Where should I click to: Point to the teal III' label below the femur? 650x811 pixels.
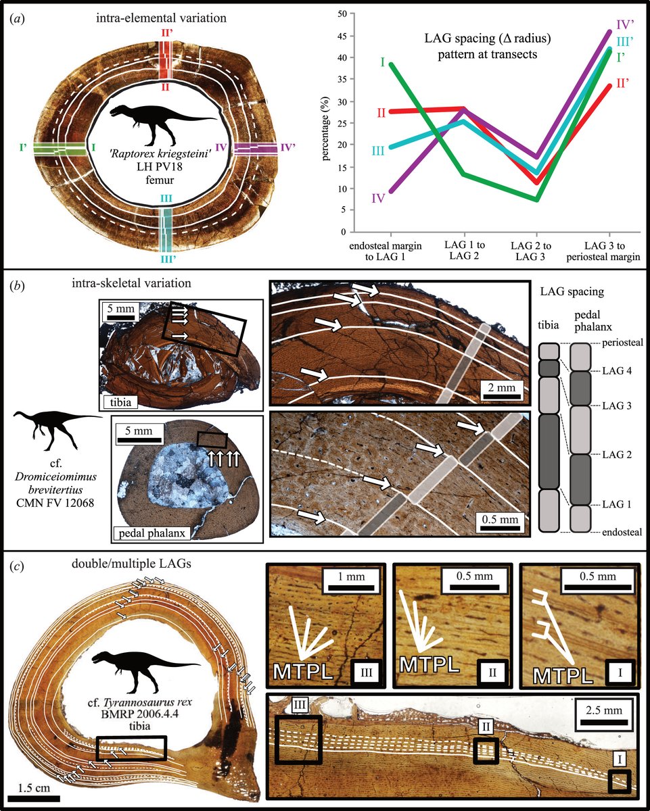(166, 257)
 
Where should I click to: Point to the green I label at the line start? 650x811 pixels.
(383, 63)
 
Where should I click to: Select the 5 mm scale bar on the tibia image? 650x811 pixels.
(120, 313)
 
